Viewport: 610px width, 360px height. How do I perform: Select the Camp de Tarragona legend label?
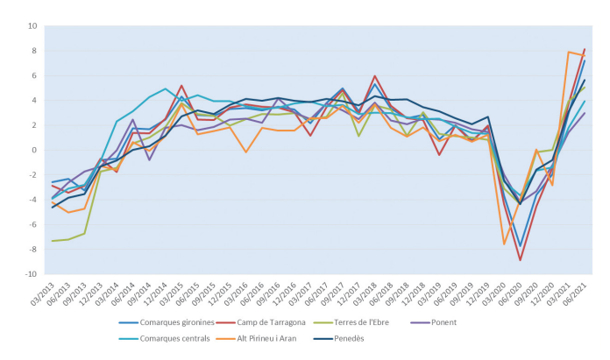(x=267, y=322)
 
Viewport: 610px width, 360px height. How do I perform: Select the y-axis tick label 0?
(x=34, y=150)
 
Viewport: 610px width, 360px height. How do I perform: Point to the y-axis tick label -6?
(x=32, y=224)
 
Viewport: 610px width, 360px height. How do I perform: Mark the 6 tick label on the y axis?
(x=34, y=75)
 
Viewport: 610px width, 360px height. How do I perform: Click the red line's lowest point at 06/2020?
(x=521, y=259)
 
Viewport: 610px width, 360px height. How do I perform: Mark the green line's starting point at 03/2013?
(x=53, y=241)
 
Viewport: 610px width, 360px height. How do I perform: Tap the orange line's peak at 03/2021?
(x=569, y=53)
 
